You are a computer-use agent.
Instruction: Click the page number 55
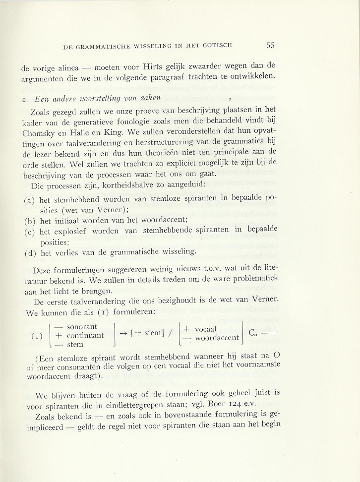270,45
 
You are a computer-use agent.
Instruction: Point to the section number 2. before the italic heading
26,99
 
